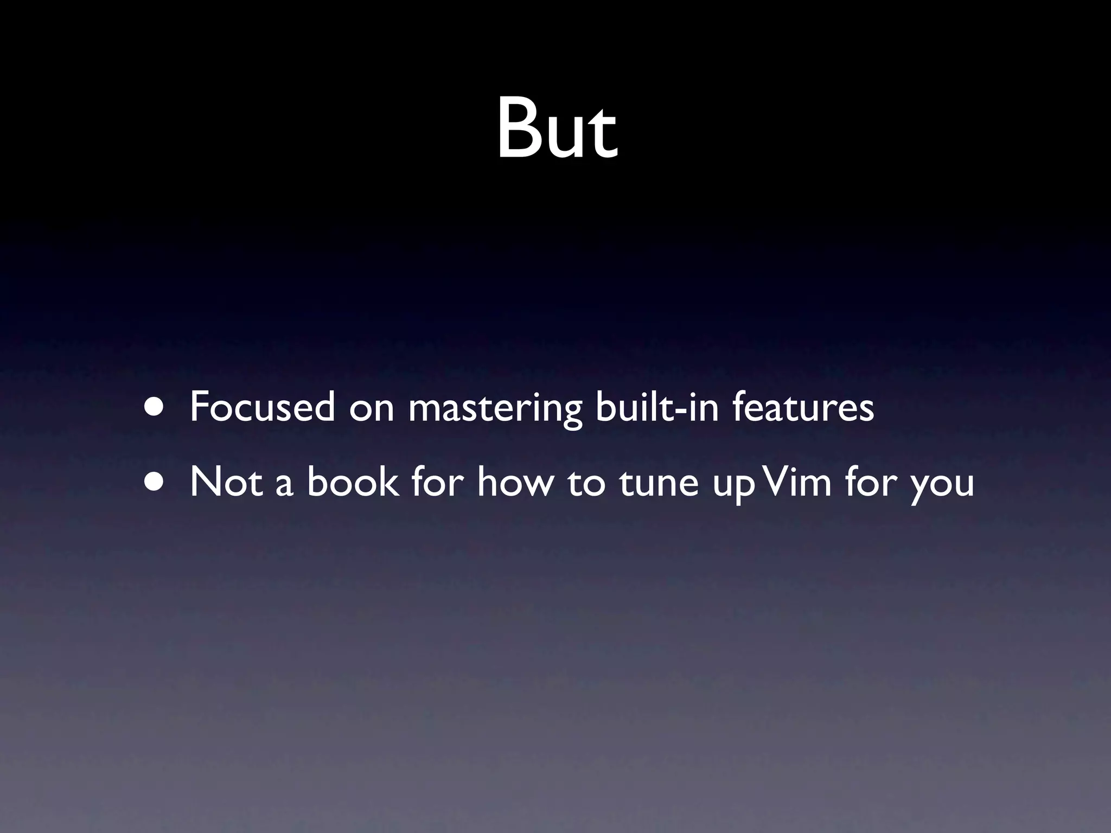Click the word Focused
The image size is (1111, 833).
[x=262, y=407]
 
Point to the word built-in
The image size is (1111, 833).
[x=657, y=407]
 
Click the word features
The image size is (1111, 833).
[x=803, y=407]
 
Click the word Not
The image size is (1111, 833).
[x=226, y=482]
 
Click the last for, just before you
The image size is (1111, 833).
[x=871, y=482]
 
